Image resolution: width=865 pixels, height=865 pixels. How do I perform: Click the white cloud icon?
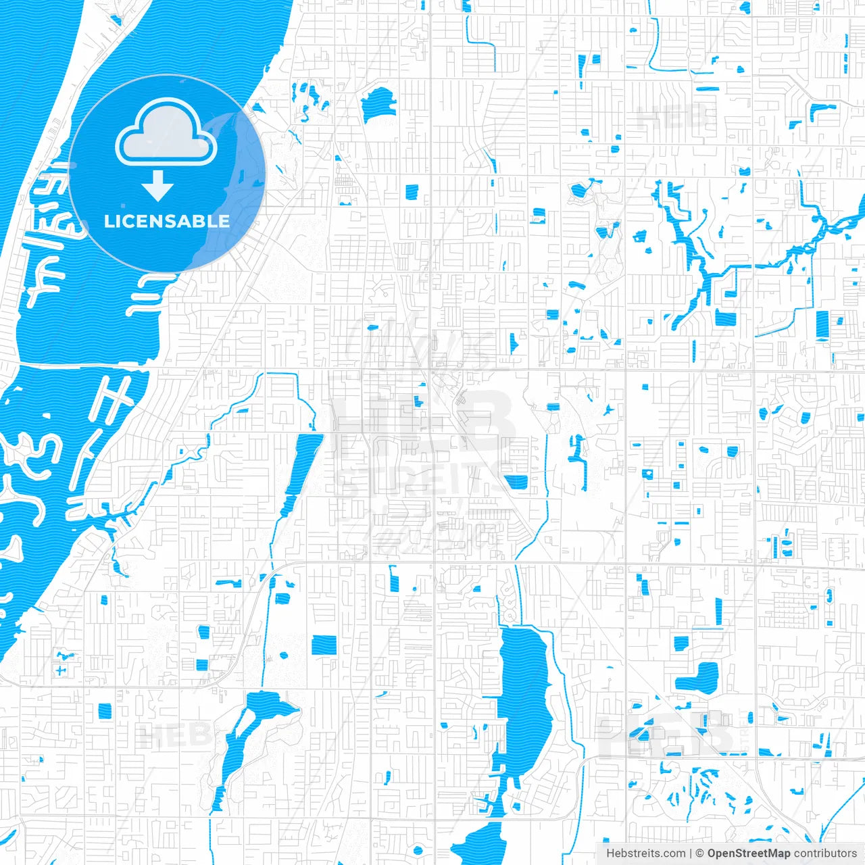[166, 133]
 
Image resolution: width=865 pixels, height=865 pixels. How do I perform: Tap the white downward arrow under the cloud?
[157, 186]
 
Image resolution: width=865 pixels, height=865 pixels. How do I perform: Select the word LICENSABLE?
[167, 222]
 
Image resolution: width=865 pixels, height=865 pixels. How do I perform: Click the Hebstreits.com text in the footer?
[645, 854]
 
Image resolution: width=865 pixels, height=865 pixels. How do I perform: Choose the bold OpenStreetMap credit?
[748, 854]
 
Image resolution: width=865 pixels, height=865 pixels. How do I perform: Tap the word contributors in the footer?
[825, 854]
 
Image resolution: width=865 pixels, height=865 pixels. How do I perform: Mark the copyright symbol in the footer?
[699, 854]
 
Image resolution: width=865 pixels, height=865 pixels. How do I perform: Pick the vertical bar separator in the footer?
[690, 854]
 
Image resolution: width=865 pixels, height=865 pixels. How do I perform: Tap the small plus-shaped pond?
[61, 670]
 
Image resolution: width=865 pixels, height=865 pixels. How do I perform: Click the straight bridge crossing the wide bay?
[81, 365]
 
